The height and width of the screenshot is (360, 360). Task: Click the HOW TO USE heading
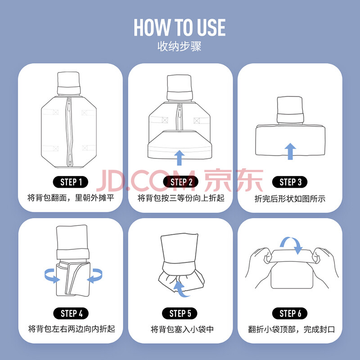[180, 27]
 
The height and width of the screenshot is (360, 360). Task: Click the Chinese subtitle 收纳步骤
[179, 46]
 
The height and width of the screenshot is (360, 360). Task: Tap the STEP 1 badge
[71, 182]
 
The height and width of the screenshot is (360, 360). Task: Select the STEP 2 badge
[181, 182]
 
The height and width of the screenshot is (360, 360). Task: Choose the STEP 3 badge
[290, 182]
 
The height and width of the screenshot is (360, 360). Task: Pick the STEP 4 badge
[71, 313]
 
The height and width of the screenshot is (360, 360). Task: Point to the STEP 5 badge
[180, 313]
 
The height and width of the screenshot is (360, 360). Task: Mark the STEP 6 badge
[290, 313]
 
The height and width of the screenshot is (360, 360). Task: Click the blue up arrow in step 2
[179, 158]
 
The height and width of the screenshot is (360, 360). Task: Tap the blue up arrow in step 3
[290, 151]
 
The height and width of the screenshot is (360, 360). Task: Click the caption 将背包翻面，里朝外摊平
[71, 198]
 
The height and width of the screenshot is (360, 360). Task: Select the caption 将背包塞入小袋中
[182, 329]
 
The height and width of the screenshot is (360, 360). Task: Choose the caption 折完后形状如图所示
[290, 199]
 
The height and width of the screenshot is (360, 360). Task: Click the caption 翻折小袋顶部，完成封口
[291, 329]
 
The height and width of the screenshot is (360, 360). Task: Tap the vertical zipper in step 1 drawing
[69, 132]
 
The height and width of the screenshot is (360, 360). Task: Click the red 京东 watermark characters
[234, 180]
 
